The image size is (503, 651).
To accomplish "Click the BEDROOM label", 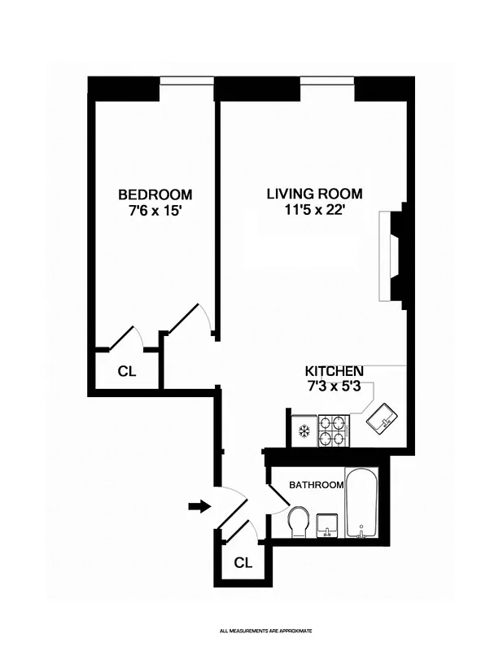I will tap(155, 194).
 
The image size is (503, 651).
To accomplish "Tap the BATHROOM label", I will tap(317, 485).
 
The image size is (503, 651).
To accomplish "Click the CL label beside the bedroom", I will tap(126, 372).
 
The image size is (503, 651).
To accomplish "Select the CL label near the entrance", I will tap(243, 562).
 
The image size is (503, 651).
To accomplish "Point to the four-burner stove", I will tap(333, 430).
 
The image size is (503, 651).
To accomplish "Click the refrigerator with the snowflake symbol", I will tap(304, 430).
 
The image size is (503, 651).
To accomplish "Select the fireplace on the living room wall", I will tap(397, 256).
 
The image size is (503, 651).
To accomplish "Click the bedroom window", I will tap(186, 80).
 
